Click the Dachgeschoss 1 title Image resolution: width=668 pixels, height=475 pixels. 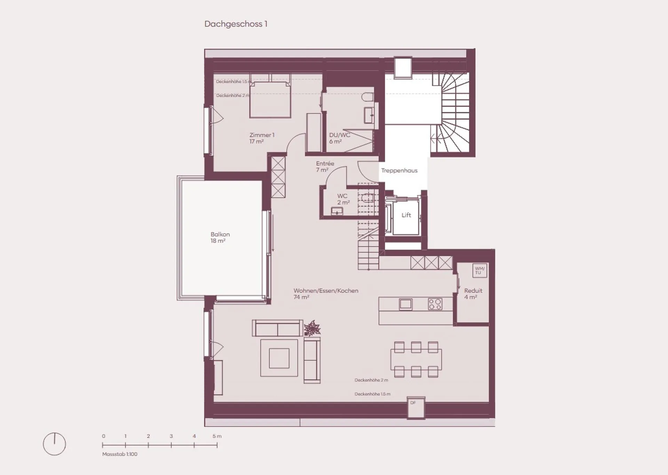pos(236,24)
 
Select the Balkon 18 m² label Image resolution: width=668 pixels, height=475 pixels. pos(220,237)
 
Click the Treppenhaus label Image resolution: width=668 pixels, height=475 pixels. pos(399,170)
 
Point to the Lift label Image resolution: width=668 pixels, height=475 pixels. pos(406,215)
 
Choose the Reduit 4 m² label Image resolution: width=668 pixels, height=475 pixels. pos(473,293)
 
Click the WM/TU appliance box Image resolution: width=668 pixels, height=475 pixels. pos(480,270)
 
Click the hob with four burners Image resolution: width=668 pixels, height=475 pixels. pos(435,304)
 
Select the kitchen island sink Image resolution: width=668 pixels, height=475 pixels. pos(405,304)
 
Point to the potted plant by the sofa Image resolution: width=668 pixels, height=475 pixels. pos(312,328)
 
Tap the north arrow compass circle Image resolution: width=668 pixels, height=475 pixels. pos(54,444)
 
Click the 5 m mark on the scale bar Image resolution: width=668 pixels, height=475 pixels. pos(217,445)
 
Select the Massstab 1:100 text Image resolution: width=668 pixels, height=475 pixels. pos(120,454)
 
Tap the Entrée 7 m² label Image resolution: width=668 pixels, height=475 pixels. pos(325,167)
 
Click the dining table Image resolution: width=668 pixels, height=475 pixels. pos(416,359)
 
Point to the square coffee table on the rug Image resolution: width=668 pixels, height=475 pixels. pos(279,358)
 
